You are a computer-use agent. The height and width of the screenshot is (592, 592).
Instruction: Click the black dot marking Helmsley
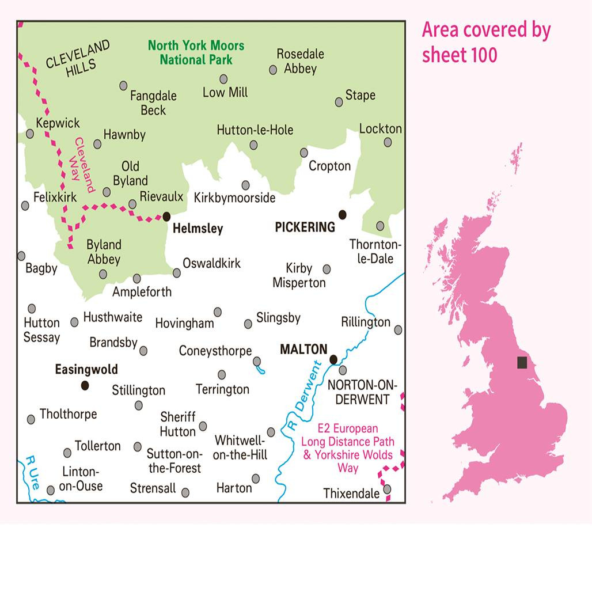point(166,217)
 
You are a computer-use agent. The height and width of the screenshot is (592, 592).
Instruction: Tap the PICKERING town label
point(305,227)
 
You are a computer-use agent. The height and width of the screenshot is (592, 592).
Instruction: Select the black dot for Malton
point(333,360)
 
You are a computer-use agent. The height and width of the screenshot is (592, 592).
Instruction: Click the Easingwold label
point(86,370)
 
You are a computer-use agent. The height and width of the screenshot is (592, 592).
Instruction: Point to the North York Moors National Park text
point(196,52)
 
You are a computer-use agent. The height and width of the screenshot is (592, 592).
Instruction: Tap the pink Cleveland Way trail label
point(81,165)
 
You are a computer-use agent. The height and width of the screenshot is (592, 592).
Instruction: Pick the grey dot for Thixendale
point(387,489)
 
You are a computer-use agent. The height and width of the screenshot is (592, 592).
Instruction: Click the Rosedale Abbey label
point(300,61)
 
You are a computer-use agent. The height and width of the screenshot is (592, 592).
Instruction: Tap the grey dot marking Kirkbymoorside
point(246,185)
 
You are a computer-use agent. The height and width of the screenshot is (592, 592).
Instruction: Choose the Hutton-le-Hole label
point(255,130)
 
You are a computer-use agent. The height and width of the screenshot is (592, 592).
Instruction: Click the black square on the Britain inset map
point(522,362)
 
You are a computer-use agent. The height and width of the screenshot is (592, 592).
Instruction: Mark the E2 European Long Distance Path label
point(347,448)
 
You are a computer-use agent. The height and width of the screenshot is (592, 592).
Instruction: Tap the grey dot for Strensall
point(185,492)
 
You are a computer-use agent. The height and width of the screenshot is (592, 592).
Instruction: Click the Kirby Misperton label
point(299,275)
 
